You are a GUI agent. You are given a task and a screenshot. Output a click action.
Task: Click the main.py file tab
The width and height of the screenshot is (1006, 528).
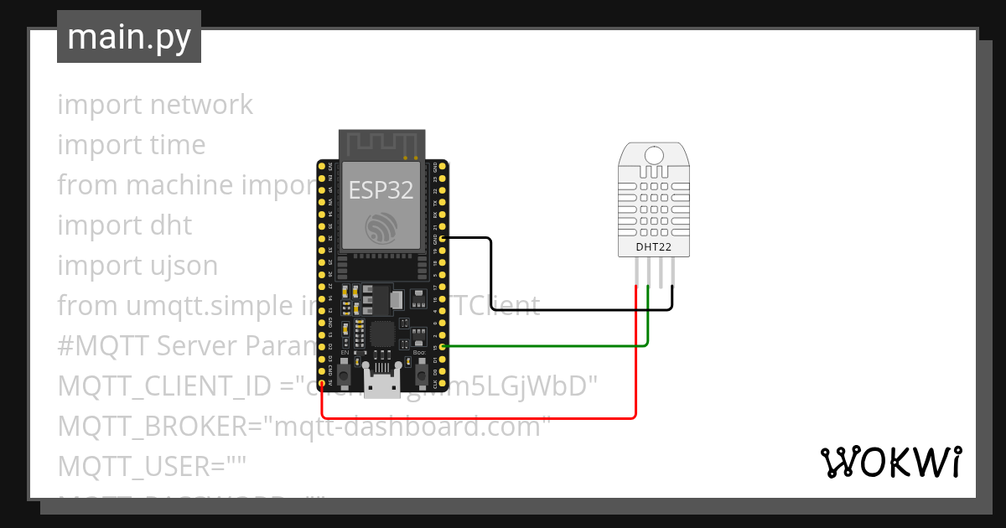point(128,37)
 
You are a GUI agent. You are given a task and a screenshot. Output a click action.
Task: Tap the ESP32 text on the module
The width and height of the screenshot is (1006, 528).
point(381,190)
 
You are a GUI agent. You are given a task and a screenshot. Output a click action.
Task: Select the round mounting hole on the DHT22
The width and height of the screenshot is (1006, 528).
point(655,154)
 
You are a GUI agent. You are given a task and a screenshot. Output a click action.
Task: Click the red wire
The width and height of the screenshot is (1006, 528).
point(478,417)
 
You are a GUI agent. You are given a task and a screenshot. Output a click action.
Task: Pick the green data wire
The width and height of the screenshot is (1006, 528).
point(545,345)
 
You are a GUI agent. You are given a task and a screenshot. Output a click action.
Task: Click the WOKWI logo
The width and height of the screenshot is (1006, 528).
point(889,462)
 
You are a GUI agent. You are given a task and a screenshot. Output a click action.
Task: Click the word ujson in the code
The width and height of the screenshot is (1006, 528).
point(180,266)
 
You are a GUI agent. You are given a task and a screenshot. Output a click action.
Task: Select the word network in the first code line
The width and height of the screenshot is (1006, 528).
point(201,105)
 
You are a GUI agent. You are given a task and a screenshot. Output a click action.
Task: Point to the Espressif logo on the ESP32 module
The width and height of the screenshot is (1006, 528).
point(382,229)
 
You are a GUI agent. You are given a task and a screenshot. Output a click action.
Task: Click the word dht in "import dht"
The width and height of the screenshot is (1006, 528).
point(170,225)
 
